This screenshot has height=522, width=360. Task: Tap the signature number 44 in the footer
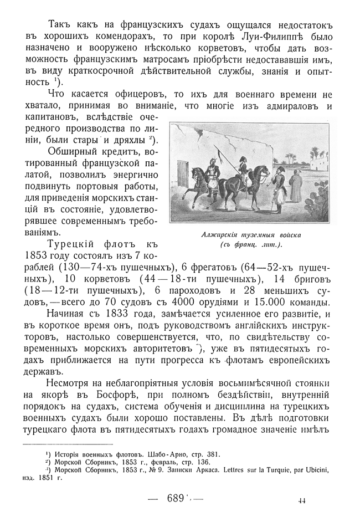pyautogui.click(x=302, y=500)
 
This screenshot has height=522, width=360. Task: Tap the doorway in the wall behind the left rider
pyautogui.click(x=182, y=175)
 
